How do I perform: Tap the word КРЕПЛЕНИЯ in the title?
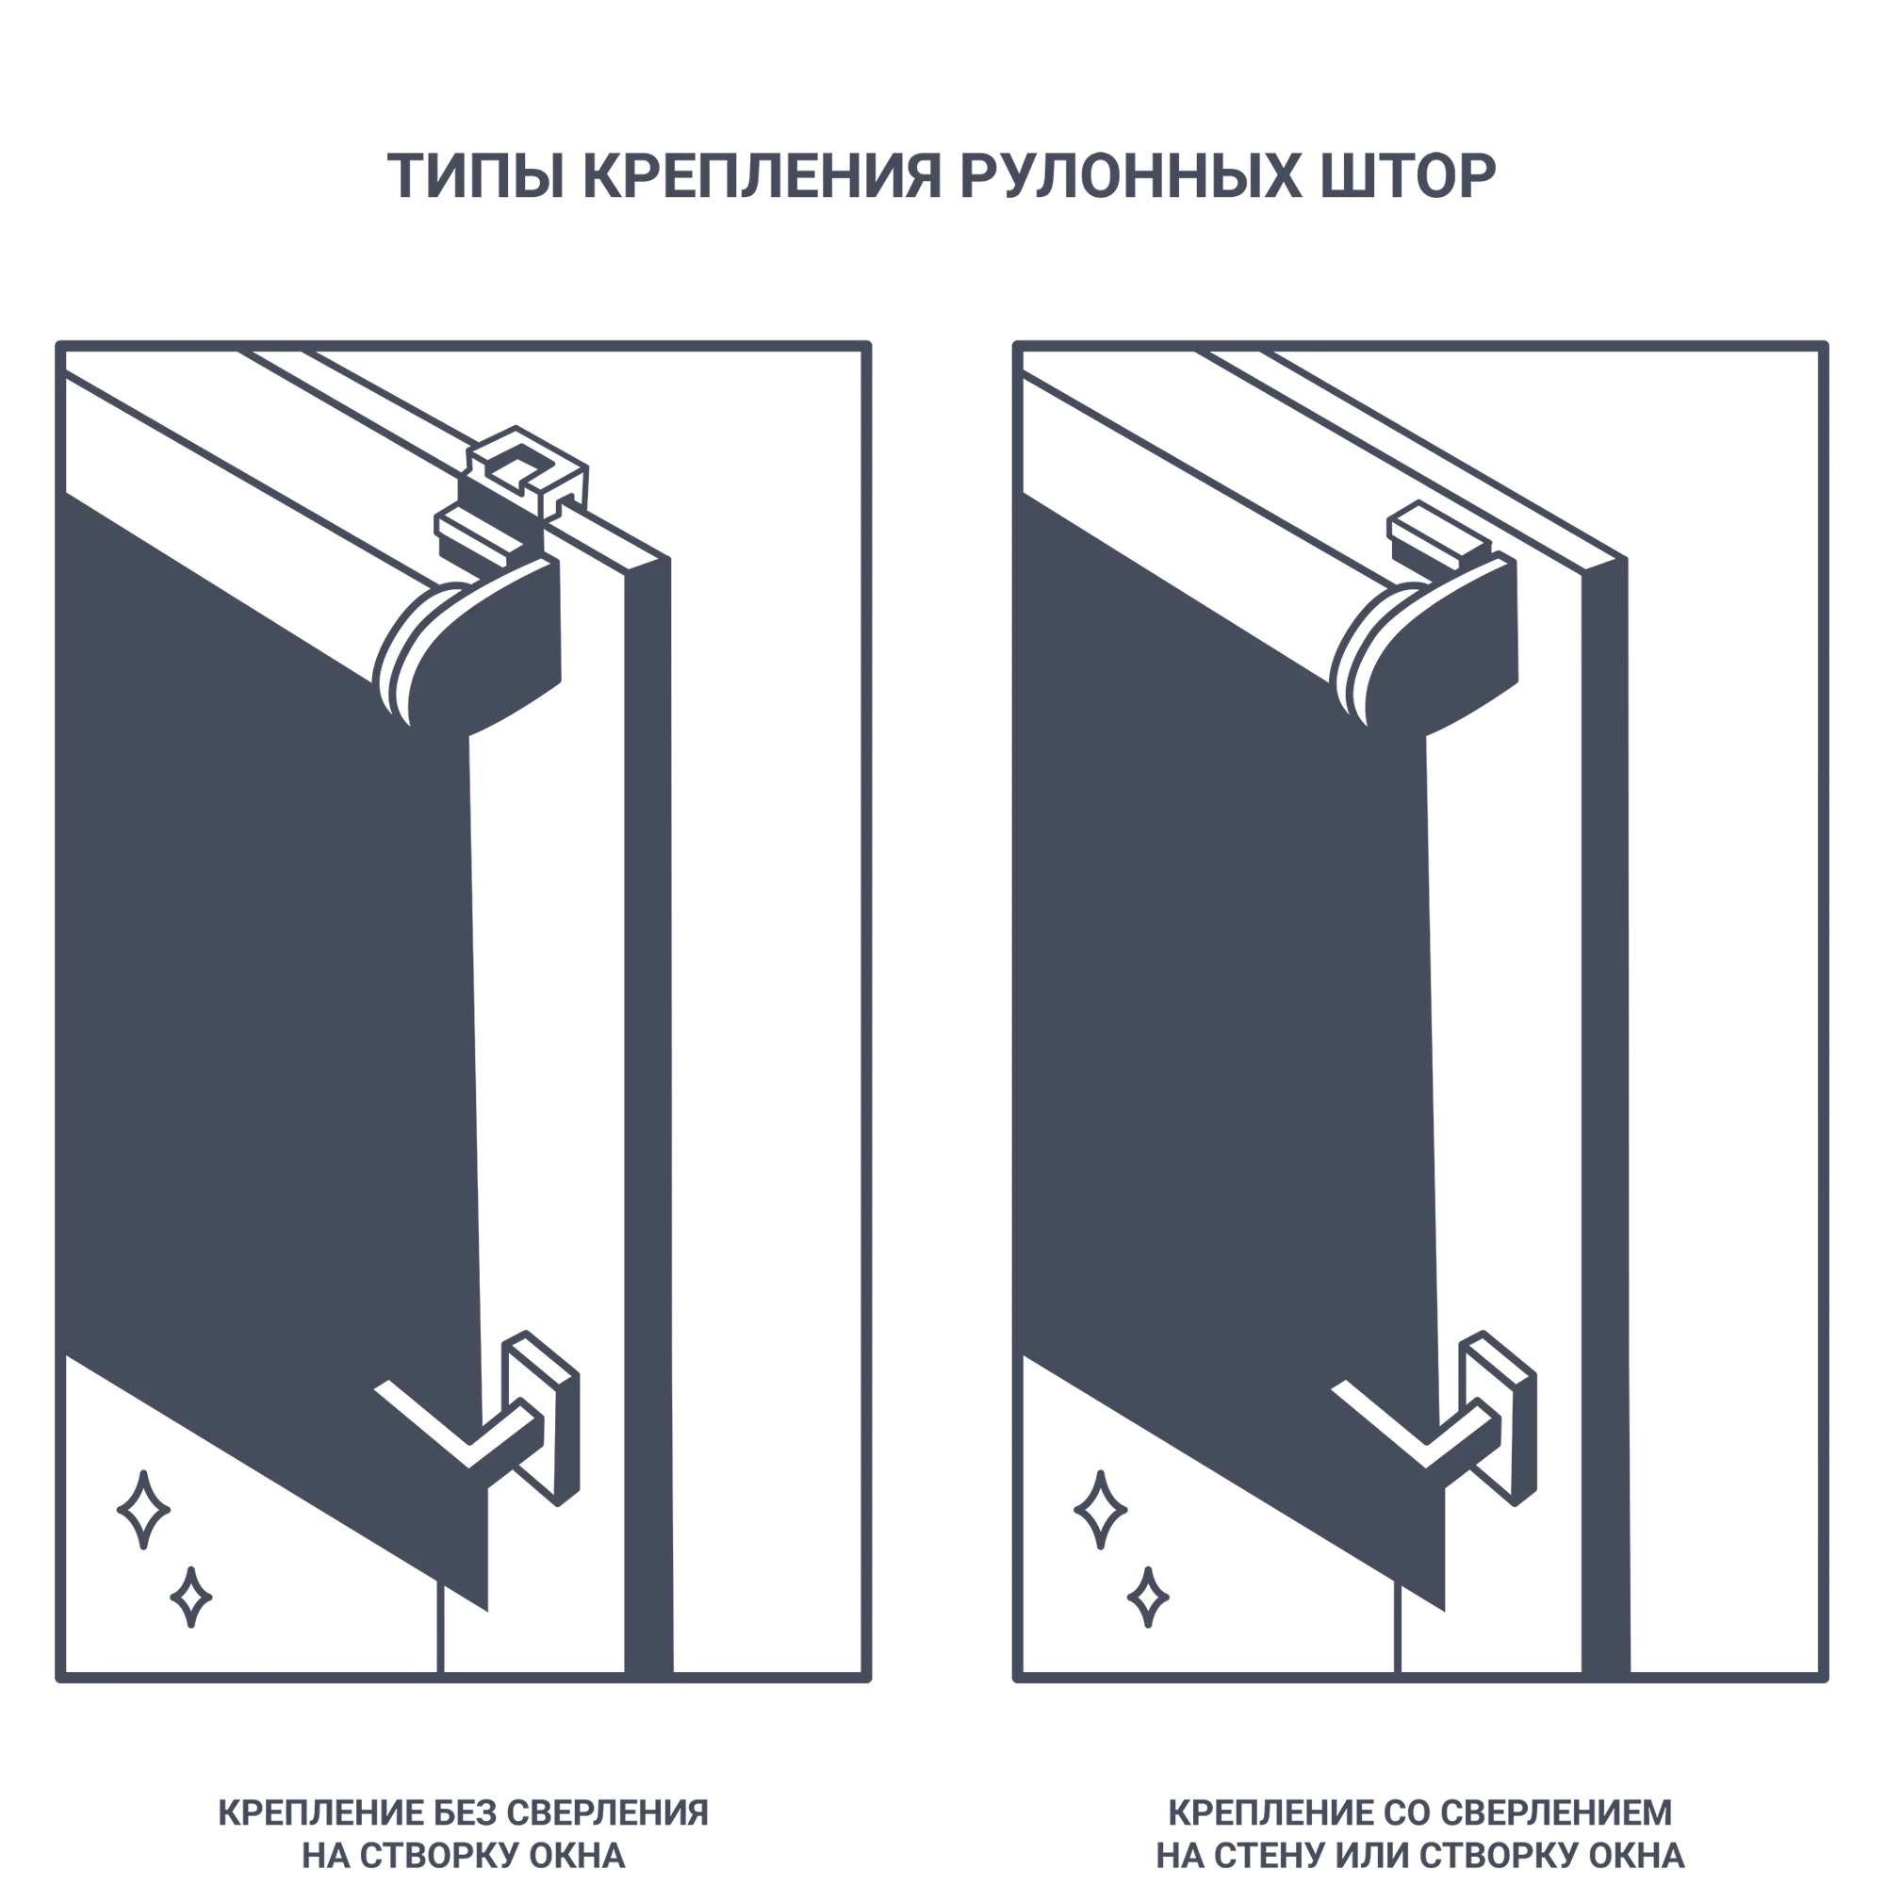pos(763,176)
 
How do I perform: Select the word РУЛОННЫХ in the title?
pos(1131,176)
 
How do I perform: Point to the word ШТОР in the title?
pos(1408,176)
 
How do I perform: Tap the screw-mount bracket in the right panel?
pos(1439,536)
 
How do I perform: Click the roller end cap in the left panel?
pos(468,644)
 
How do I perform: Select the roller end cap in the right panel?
pos(1425,644)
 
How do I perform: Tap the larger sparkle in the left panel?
pos(143,1509)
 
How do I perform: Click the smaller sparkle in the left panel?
pos(191,1598)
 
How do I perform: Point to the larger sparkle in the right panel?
pos(1101,1509)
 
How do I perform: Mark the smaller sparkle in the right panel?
pos(1148,1598)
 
